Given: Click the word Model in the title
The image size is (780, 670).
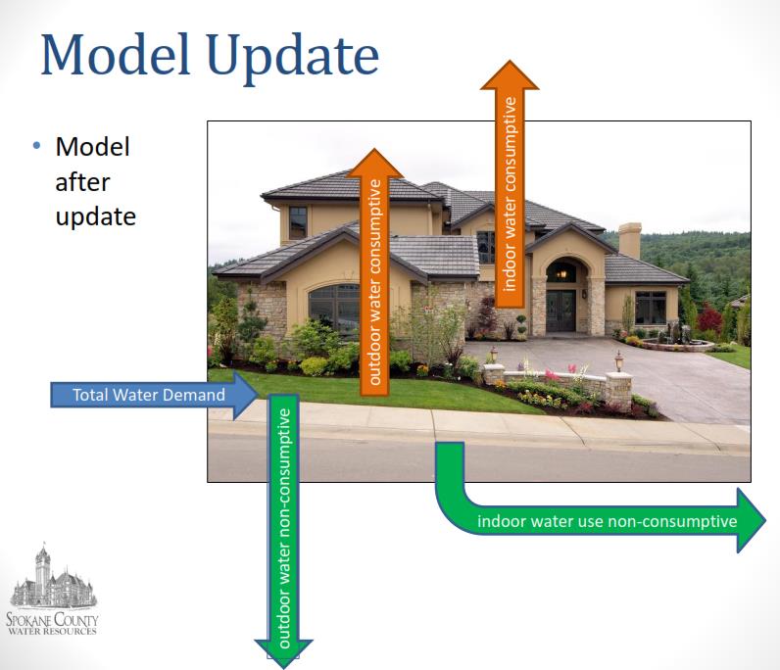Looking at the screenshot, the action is tap(116, 54).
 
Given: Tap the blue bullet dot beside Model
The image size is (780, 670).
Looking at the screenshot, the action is tap(36, 146).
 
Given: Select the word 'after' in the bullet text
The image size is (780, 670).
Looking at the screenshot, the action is tap(82, 182).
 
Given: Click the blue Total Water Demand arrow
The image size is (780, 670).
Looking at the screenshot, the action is tap(154, 395).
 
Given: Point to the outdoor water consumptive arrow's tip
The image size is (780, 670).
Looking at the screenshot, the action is tap(374, 149).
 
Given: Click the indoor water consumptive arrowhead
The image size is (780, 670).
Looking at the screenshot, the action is tap(510, 74).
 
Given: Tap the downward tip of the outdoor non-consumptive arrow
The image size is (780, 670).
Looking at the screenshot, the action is tap(283, 668).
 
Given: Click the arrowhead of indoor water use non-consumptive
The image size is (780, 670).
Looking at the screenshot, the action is tap(752, 520).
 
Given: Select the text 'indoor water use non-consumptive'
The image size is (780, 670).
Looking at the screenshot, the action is tap(607, 521).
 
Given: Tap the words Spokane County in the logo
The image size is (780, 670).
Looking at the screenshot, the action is tap(52, 619).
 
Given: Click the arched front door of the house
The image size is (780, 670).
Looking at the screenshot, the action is tap(561, 311).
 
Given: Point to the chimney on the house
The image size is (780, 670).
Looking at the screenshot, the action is tap(630, 240).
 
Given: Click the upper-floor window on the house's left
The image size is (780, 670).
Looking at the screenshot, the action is tap(298, 222).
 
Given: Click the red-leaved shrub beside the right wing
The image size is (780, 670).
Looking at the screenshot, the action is tap(709, 318).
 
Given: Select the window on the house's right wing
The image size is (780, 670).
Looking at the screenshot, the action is tap(651, 308).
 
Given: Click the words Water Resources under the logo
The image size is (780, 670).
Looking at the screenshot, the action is tap(52, 631).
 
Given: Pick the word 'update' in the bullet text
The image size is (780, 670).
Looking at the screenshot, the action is tap(95, 217).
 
